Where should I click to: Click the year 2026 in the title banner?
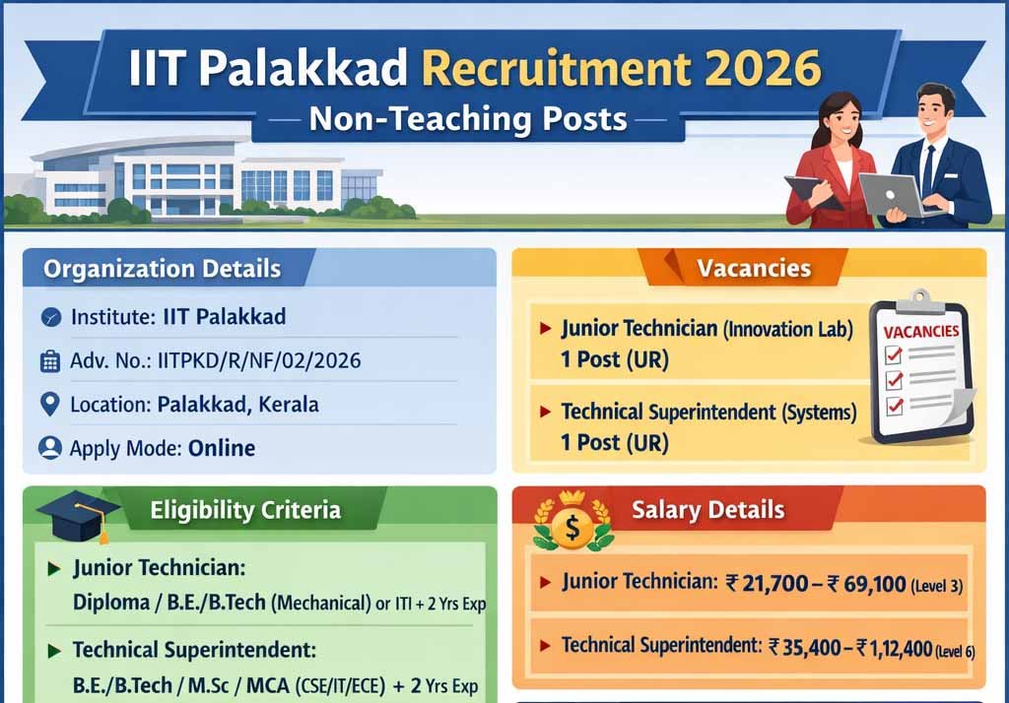click(x=763, y=68)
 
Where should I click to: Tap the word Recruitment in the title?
click(x=558, y=68)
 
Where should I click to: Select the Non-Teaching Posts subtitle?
click(x=468, y=119)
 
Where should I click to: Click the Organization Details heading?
click(x=163, y=268)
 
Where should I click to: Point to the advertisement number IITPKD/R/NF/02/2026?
click(x=259, y=360)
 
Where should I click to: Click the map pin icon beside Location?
click(x=49, y=405)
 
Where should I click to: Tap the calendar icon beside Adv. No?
click(x=50, y=361)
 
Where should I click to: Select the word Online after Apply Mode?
click(x=222, y=448)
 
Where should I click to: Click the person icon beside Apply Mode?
click(x=50, y=448)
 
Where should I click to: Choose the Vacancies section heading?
click(x=754, y=268)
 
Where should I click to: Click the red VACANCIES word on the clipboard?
click(x=921, y=331)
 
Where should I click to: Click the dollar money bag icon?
click(x=572, y=523)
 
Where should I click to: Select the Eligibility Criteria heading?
click(x=245, y=510)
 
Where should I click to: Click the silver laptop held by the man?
click(x=897, y=195)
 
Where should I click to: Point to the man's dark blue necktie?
click(x=928, y=169)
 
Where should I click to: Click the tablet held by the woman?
click(x=812, y=191)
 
